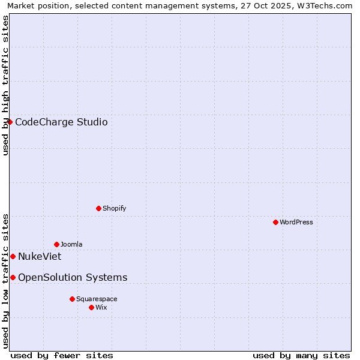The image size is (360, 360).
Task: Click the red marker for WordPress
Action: pos(275,222)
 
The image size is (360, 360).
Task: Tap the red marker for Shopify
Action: pos(98,208)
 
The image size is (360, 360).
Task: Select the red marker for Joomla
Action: pos(56,244)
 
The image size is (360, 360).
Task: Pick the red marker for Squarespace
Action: pos(72,299)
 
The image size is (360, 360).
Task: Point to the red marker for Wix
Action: pos(91,307)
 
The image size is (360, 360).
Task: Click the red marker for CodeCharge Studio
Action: pos(10,122)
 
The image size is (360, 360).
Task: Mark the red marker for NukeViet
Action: pos(13,256)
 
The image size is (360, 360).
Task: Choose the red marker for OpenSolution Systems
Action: pos(13,277)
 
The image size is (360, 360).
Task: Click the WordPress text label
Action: pos(296,222)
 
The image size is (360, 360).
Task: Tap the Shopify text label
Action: pos(114,208)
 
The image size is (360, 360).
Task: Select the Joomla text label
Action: pos(71,244)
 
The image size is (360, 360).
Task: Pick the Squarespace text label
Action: pos(97,299)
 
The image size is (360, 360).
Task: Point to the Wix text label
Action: pos(101,307)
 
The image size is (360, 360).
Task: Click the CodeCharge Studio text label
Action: pos(61,122)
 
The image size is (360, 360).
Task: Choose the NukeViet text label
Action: pos(40,257)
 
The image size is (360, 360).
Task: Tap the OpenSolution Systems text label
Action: pos(73,277)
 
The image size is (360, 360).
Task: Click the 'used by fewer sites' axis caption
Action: pos(62,355)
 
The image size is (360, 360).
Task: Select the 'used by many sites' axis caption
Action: pos(301,355)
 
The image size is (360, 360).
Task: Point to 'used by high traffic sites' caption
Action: pos(5,85)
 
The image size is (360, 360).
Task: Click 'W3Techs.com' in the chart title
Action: pos(326,5)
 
